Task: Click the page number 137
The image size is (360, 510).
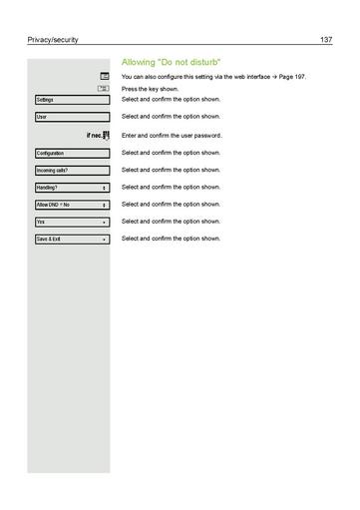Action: [325, 39]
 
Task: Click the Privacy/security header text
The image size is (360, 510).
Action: [53, 39]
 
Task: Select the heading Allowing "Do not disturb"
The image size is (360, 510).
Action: [171, 62]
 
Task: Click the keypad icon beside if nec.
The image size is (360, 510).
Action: [105, 135]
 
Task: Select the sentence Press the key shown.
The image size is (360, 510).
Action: [150, 89]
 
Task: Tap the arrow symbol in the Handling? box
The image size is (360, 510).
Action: [104, 188]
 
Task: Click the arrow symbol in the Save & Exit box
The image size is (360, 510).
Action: [104, 240]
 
